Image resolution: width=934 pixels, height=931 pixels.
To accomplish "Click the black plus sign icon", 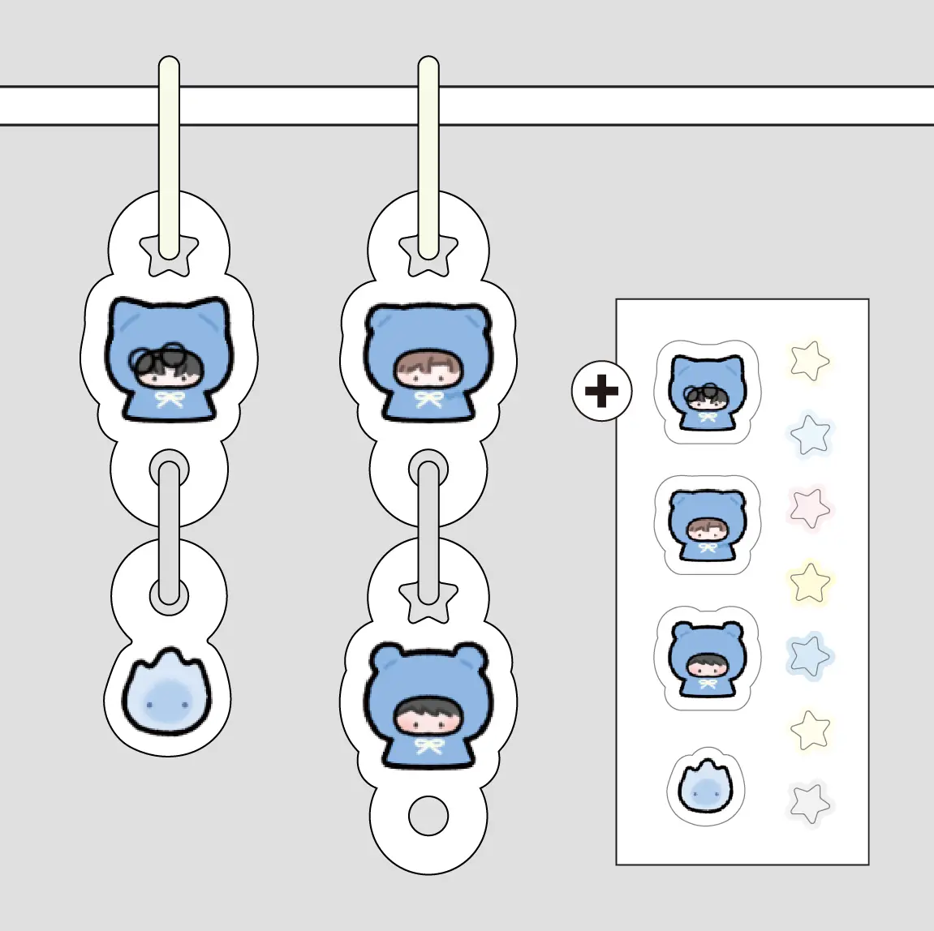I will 601,392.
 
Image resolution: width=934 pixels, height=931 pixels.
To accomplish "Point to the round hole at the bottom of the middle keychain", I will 428,816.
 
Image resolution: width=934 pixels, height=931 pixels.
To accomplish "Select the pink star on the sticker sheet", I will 809,508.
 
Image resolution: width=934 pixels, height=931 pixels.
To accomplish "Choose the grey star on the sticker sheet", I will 809,802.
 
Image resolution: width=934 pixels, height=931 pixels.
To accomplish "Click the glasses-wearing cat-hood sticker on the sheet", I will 707,392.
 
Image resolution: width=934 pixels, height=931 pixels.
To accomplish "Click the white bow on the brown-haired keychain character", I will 428,399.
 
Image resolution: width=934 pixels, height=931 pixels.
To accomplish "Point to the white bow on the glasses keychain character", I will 169,399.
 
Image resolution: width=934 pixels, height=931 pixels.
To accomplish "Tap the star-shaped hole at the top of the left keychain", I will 169,254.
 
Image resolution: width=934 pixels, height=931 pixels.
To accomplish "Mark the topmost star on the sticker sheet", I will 809,360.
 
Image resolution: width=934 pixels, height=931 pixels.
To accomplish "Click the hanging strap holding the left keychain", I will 169,154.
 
